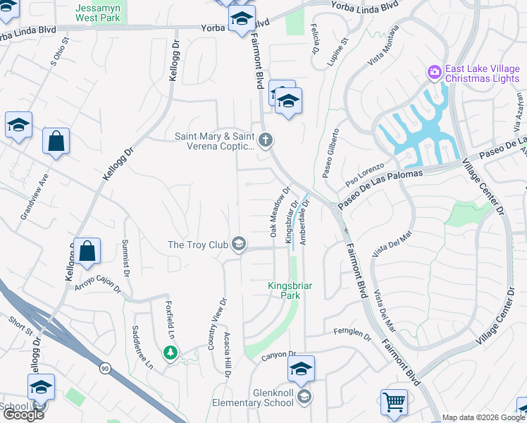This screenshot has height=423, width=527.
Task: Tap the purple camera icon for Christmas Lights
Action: (x=434, y=71)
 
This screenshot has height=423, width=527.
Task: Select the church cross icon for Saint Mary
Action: (x=265, y=140)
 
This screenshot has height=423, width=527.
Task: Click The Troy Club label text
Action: (x=198, y=245)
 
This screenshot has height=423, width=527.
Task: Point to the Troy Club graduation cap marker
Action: (x=240, y=245)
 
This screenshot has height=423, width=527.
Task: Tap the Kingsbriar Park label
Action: (x=284, y=290)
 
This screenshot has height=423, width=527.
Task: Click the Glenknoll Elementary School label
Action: (x=253, y=398)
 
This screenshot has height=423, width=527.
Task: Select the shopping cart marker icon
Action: (x=395, y=402)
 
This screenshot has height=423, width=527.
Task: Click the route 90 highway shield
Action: (x=104, y=367)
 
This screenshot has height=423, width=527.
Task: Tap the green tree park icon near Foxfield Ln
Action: (x=169, y=352)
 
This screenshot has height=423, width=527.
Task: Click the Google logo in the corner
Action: (x=23, y=415)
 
